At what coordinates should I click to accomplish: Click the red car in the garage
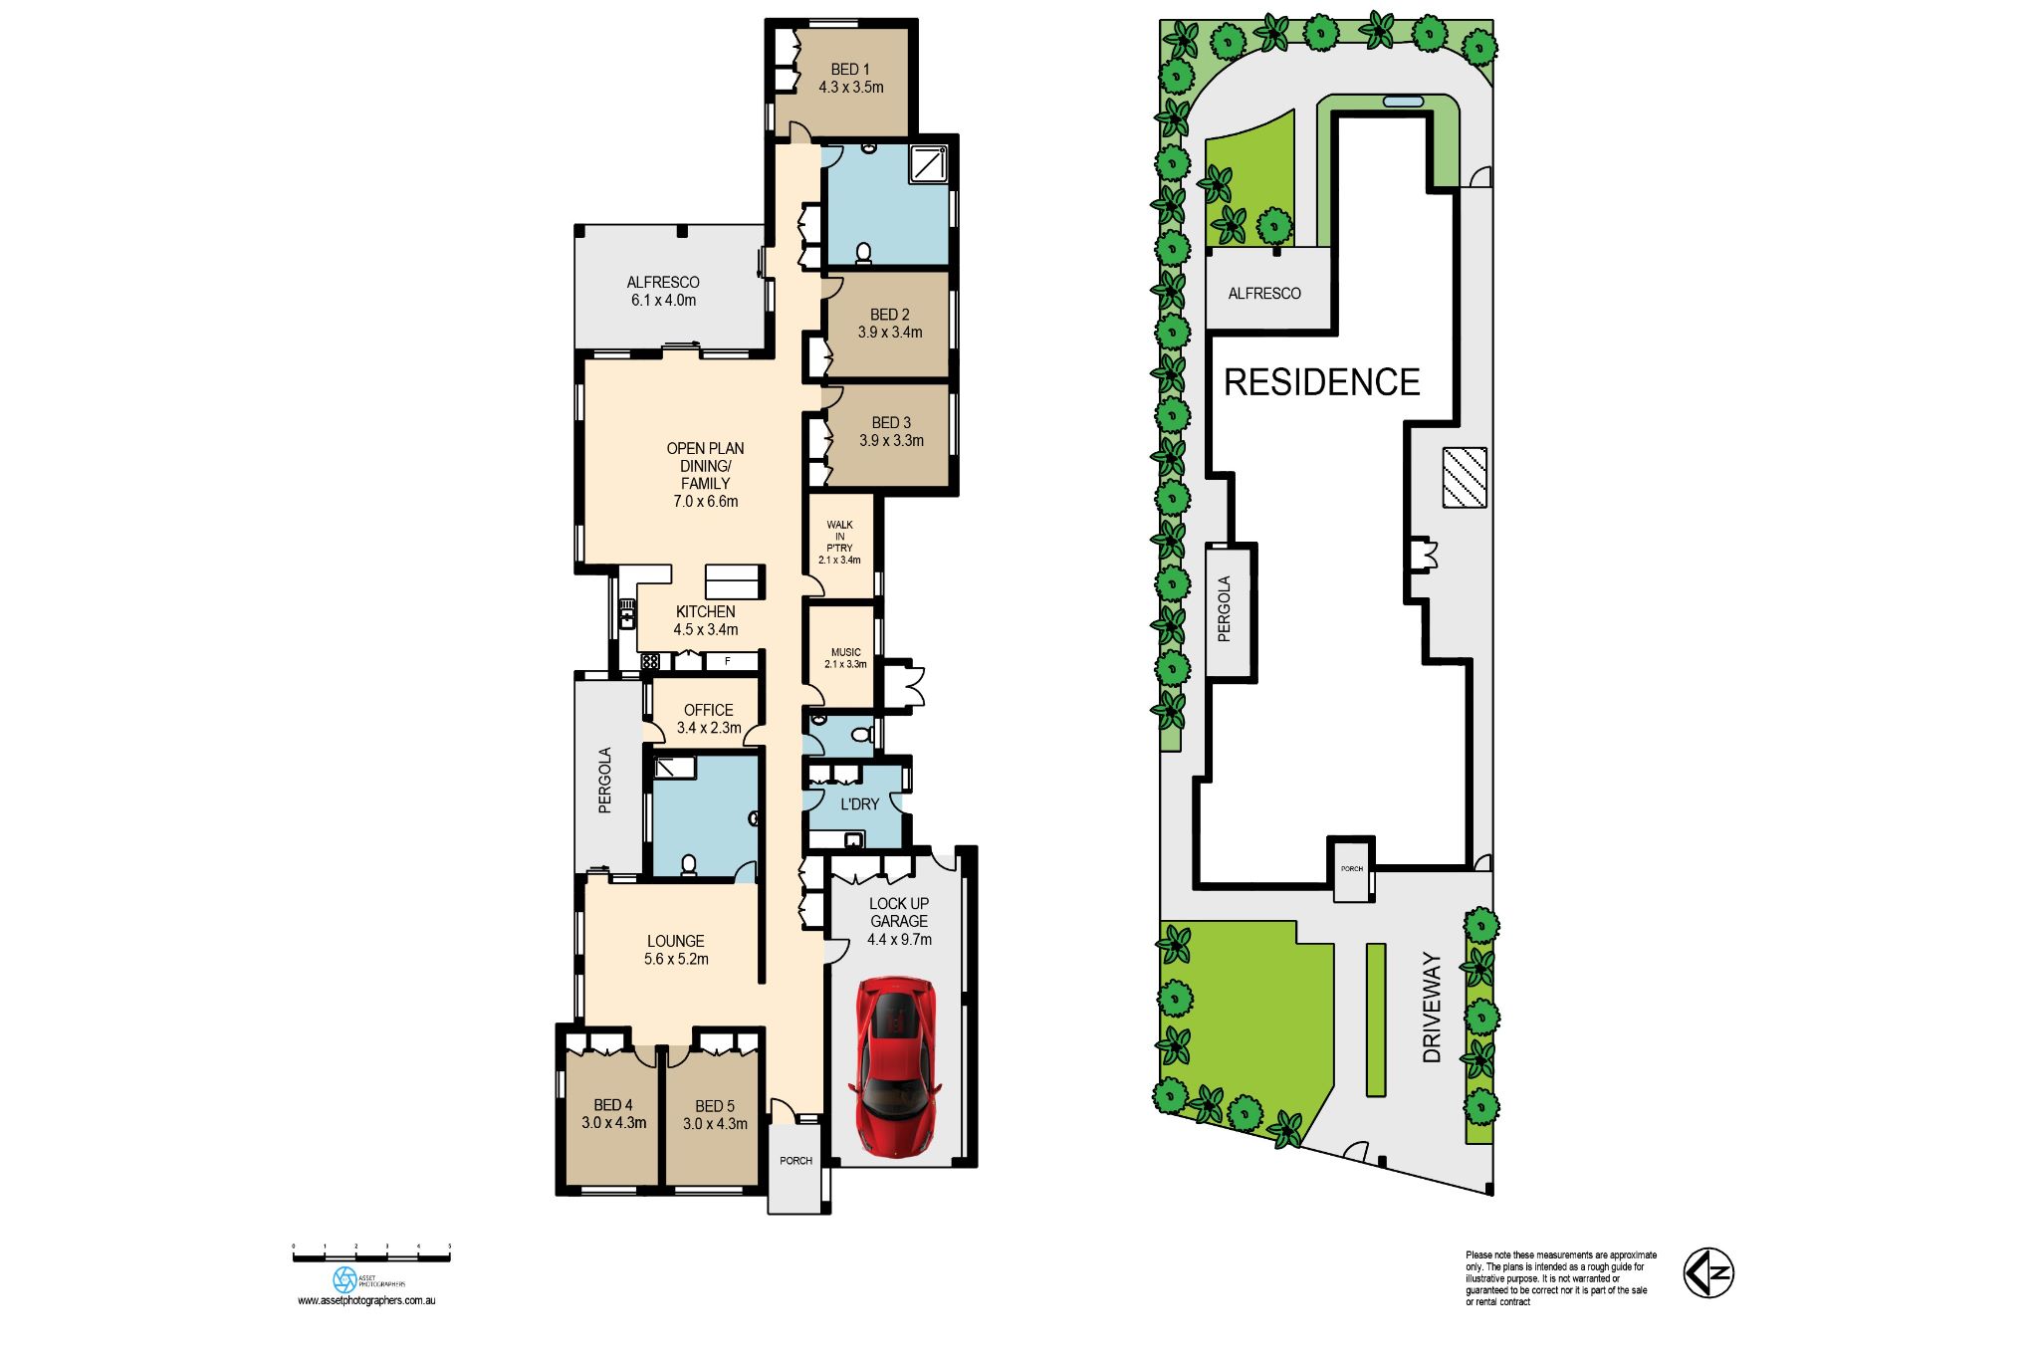click(895, 1066)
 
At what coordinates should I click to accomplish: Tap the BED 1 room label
click(851, 78)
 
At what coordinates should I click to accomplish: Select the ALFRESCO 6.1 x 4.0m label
click(663, 291)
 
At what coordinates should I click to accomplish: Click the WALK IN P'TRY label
click(839, 542)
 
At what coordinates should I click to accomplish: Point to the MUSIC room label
click(845, 657)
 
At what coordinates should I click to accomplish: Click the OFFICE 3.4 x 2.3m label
click(708, 718)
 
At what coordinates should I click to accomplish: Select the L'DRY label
click(859, 803)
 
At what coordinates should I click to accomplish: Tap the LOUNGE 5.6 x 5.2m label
click(676, 950)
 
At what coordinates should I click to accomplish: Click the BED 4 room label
click(613, 1113)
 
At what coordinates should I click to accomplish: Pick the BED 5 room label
click(715, 1114)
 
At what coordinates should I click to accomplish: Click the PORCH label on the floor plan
click(795, 1161)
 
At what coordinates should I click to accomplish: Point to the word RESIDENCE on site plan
click(1321, 382)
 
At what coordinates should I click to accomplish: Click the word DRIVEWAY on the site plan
click(1432, 1007)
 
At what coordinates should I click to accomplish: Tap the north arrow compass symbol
click(1708, 1272)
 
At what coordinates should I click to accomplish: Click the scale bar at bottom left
click(371, 1256)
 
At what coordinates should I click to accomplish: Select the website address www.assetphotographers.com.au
click(366, 1300)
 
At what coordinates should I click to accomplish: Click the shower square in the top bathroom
click(928, 164)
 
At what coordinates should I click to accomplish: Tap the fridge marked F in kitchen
click(729, 661)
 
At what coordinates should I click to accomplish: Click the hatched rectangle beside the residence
click(1465, 477)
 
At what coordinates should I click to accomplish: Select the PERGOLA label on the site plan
click(1225, 608)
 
